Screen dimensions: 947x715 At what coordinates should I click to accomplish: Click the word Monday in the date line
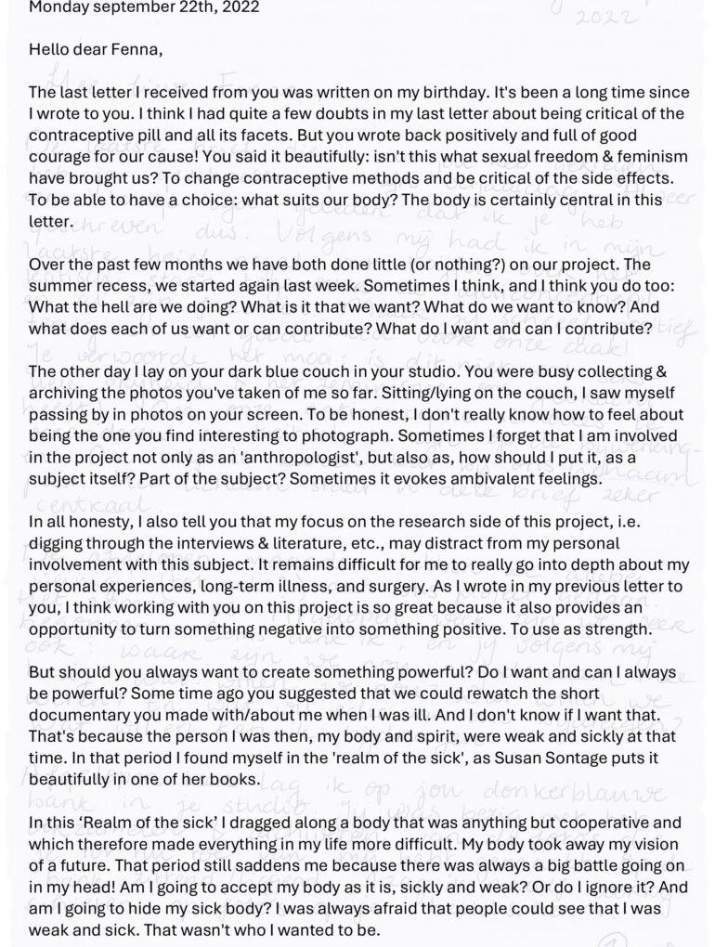pyautogui.click(x=58, y=6)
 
